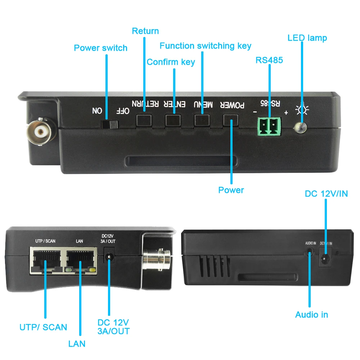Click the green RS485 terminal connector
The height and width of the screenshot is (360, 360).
point(269,126)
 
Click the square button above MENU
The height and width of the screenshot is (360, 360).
point(202,120)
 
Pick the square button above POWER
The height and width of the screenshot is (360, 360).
point(231,120)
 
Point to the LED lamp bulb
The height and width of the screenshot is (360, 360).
point(300,127)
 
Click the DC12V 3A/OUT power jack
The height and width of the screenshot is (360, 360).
point(108,257)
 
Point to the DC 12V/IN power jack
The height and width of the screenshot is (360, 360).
point(325,258)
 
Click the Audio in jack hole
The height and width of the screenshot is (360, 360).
point(309,255)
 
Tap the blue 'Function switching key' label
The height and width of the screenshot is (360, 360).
point(205,46)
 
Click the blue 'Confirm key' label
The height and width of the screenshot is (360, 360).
point(171,62)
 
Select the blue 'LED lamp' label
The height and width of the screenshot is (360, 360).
point(307,38)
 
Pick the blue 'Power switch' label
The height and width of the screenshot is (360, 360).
point(100,48)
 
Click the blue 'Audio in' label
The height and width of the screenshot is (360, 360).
point(311,315)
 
